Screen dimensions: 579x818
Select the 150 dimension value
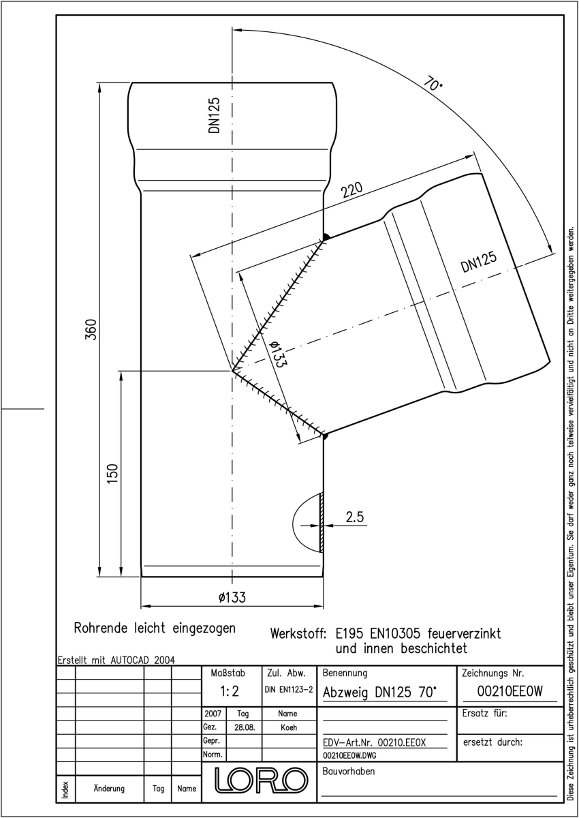(113, 473)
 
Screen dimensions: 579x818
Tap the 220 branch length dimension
(352, 190)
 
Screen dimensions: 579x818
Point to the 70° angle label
(433, 84)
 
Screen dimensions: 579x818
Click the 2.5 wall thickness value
(355, 517)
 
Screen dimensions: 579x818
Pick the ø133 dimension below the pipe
(232, 597)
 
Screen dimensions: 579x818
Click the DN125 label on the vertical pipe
(214, 115)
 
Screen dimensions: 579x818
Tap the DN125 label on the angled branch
(479, 262)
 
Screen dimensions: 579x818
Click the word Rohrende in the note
(101, 628)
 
